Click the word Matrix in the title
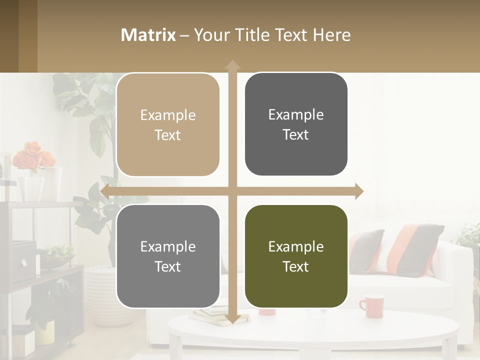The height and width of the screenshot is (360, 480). coord(148,35)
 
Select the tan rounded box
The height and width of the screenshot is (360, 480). coord(168,125)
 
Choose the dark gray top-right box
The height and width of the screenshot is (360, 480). coord(296,124)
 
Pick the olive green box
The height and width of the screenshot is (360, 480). coord(296,256)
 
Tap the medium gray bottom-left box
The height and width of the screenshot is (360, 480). coord(168,256)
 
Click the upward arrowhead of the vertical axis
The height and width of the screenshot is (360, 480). coord(232,65)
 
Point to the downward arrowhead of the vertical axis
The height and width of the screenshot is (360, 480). coord(232,319)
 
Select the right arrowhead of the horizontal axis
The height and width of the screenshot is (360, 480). coord(358,191)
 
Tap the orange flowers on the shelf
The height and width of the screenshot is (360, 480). coord(33,155)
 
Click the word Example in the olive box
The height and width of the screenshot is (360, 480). coord(296,246)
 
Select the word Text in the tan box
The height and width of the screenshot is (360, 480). coord(168,135)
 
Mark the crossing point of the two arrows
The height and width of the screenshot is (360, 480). coord(232,191)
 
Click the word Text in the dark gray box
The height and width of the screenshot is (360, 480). coord(296,135)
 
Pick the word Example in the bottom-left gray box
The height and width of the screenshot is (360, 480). coord(168,246)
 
